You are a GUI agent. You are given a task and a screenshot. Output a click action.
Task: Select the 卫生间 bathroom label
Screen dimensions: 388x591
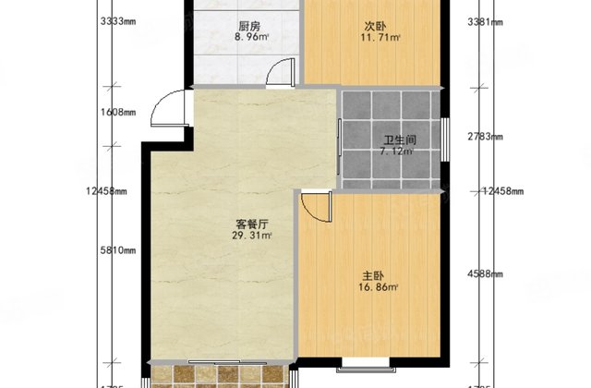tap(401, 141)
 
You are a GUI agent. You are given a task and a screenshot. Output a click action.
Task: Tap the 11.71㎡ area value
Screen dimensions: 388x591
tap(380, 39)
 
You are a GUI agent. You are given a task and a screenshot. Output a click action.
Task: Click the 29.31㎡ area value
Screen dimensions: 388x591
tap(251, 236)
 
